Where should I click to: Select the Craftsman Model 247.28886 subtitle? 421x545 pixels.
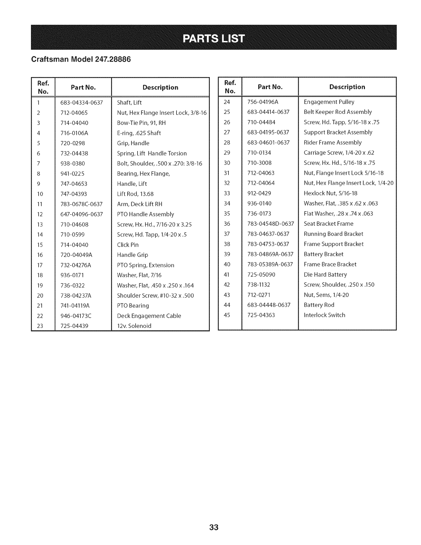click(x=81, y=59)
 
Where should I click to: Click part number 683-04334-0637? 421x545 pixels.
click(x=82, y=103)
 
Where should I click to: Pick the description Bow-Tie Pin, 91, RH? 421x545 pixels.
click(x=141, y=123)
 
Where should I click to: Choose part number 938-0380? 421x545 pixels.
click(x=73, y=163)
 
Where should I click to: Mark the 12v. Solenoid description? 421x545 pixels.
click(x=134, y=326)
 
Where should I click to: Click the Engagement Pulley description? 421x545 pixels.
click(x=329, y=102)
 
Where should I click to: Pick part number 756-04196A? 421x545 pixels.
click(x=262, y=102)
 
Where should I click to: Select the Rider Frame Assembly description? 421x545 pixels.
click(x=333, y=142)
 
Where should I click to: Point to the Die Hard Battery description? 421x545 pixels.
click(x=325, y=275)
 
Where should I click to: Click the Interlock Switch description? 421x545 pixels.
click(x=324, y=315)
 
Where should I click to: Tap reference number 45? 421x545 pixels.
click(x=227, y=315)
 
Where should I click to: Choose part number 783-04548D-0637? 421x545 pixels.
click(x=271, y=224)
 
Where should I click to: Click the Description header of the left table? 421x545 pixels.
click(x=160, y=87)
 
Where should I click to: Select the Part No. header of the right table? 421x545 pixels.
click(x=270, y=87)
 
